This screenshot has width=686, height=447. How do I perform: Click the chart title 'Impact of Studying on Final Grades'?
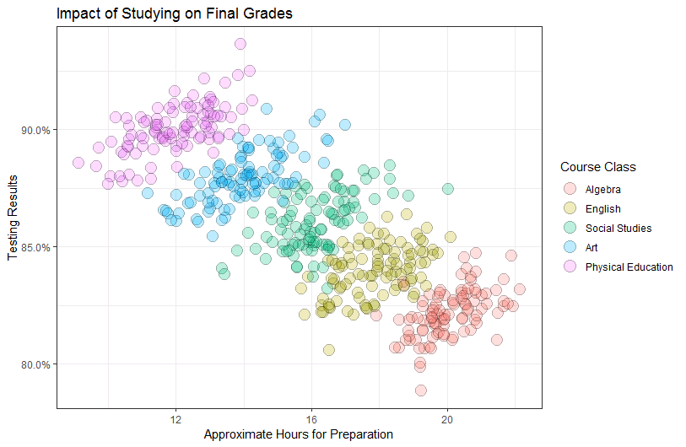pos(175,14)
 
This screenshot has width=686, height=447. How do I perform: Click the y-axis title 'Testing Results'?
pos(14,218)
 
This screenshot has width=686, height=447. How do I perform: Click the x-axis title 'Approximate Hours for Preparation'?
pos(299,434)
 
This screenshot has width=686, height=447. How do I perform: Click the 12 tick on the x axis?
pos(176,419)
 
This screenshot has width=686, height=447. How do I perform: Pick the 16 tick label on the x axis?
pos(311,419)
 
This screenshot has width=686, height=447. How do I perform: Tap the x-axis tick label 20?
pos(447,419)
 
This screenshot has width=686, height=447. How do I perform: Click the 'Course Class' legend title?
pos(598,167)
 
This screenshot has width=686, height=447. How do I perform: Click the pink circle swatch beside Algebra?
pos(570,190)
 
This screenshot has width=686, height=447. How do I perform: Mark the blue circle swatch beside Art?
pos(570,248)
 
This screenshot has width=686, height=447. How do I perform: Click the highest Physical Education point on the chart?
pos(240,44)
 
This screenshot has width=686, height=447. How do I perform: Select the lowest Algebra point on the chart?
pos(420,390)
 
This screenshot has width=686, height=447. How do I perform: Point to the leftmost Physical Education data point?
pos(78,163)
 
